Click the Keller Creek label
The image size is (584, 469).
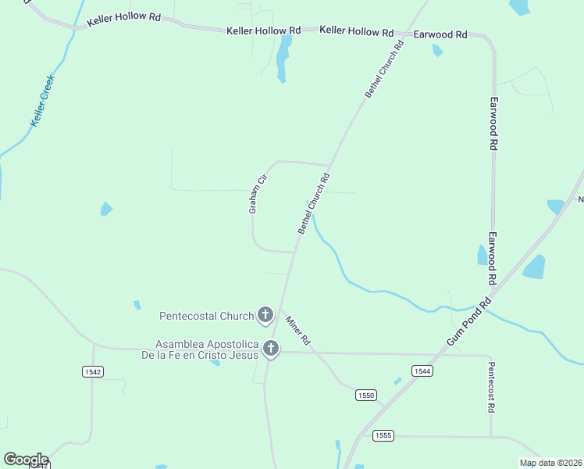43,101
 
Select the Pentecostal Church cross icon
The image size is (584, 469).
265,316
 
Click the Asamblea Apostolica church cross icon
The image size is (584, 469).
271,348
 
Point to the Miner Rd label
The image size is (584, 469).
298,331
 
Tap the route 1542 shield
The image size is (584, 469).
92,372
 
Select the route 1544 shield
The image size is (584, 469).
422,371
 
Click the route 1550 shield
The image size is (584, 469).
365,396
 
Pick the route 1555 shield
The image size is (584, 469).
383,435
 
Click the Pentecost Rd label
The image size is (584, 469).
491,387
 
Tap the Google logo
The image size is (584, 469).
26,459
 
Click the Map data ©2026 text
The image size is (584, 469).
550,463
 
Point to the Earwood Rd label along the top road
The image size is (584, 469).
440,34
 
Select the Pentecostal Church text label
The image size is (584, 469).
206,317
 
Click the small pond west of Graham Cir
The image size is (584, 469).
105,209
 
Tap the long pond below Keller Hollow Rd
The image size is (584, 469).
282,59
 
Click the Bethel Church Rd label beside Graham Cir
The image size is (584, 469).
314,203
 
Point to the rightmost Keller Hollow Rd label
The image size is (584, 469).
357,31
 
